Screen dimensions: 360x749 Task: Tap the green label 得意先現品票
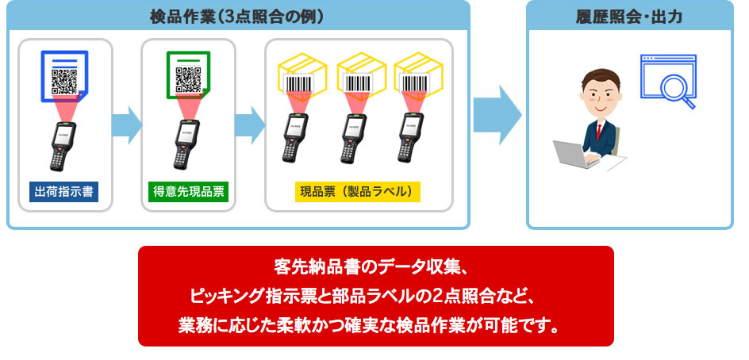click(188, 191)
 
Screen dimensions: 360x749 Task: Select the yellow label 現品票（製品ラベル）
click(358, 191)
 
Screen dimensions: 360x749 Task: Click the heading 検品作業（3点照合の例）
click(236, 16)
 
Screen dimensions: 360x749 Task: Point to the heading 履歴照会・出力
click(630, 16)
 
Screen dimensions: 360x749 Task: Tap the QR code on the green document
click(188, 79)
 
